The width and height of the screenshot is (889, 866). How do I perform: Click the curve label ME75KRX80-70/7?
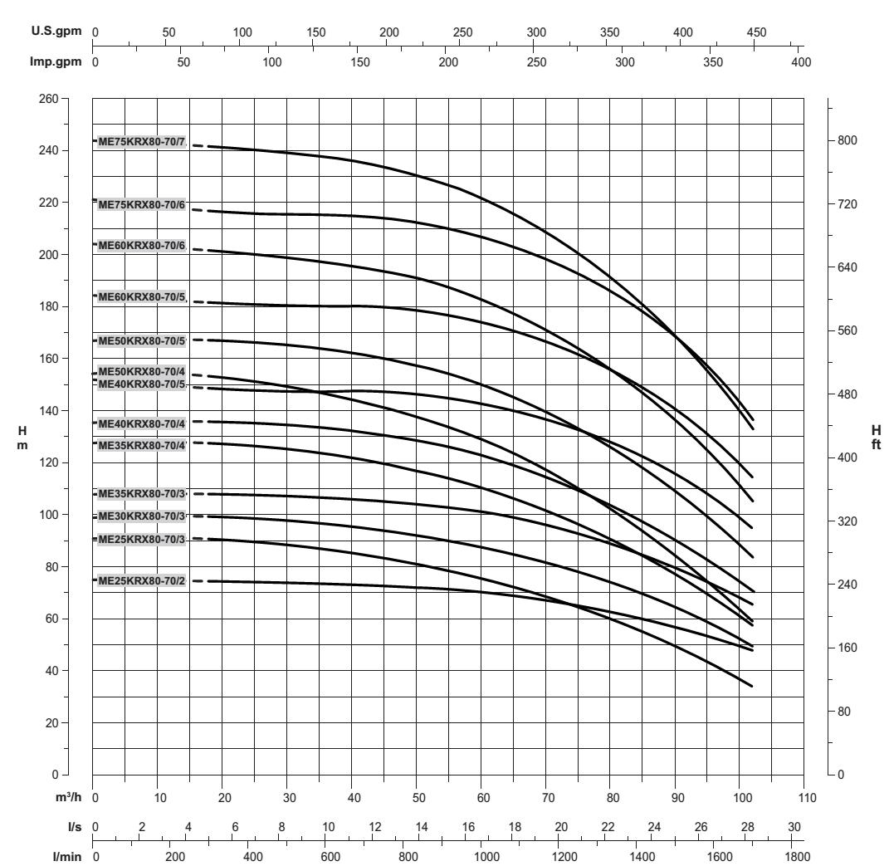pos(141,141)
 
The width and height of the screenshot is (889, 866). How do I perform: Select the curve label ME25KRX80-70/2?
pos(141,581)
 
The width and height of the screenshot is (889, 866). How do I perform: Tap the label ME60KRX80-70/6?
pos(141,246)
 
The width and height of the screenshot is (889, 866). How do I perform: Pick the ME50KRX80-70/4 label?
pos(141,371)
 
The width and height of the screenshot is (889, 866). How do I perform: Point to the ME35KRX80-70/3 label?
pos(141,494)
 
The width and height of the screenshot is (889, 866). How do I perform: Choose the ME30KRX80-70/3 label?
pos(141,516)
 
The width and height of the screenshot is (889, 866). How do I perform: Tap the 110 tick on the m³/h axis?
pos(804,798)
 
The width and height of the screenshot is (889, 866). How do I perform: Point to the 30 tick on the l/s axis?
pos(794,826)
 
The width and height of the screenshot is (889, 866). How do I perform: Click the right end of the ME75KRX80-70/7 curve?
pos(752,420)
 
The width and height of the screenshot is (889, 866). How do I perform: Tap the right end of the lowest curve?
pos(752,687)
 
